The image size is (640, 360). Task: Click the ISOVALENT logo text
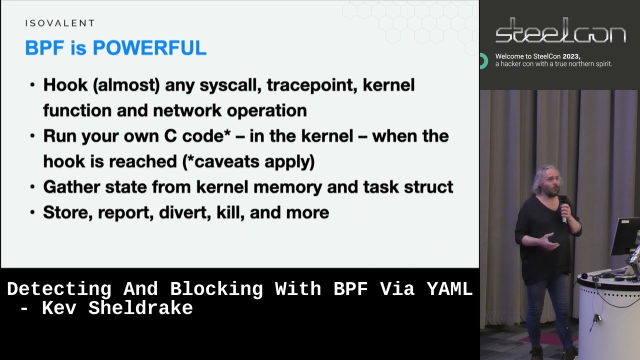point(59,23)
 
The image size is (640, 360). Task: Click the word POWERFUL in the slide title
point(149,48)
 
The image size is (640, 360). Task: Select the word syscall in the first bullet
point(230,85)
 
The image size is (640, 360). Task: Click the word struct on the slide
point(429,187)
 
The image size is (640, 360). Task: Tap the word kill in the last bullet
point(227,212)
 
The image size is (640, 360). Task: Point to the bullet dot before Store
point(32,212)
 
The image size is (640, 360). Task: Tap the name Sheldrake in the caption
point(140,308)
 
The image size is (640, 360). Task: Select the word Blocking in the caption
point(216,289)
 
